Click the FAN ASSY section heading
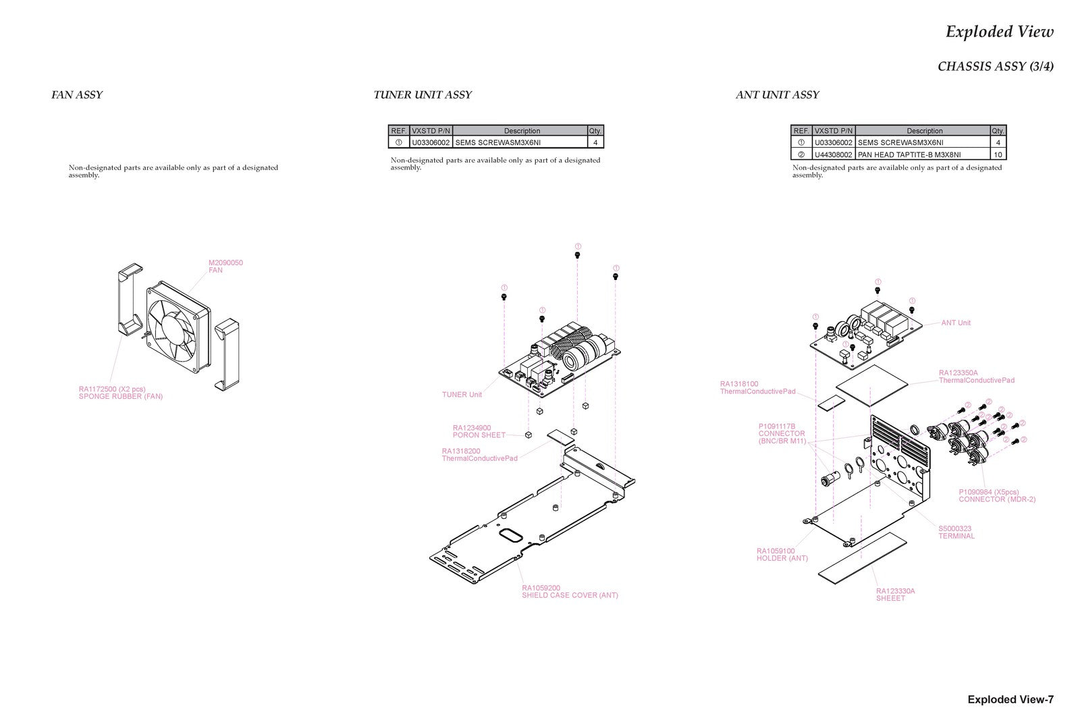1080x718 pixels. pyautogui.click(x=77, y=95)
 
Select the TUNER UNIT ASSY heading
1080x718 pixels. pyautogui.click(x=423, y=95)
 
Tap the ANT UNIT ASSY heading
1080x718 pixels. pyautogui.click(x=777, y=95)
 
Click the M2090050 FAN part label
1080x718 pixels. pyautogui.click(x=225, y=267)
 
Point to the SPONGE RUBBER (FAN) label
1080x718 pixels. pyautogui.click(x=121, y=393)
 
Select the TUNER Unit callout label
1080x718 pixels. pyautogui.click(x=462, y=395)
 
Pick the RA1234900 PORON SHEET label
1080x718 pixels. pyautogui.click(x=479, y=431)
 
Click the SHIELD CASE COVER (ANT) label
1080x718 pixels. pyautogui.click(x=570, y=592)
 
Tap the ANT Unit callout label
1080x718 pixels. pyautogui.click(x=956, y=323)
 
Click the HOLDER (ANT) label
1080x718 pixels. pyautogui.click(x=782, y=555)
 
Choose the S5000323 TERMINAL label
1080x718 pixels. pyautogui.click(x=956, y=532)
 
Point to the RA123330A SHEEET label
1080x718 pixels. pyautogui.click(x=895, y=595)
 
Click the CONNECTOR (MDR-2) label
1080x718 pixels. pyautogui.click(x=996, y=496)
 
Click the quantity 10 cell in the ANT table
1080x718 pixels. pyautogui.click(x=998, y=155)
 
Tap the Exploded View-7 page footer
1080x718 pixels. pyautogui.click(x=1010, y=700)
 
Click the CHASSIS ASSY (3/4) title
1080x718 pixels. pyautogui.click(x=995, y=67)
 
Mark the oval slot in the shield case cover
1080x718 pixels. pyautogui.click(x=510, y=535)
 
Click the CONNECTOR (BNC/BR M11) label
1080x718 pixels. pyautogui.click(x=782, y=434)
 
